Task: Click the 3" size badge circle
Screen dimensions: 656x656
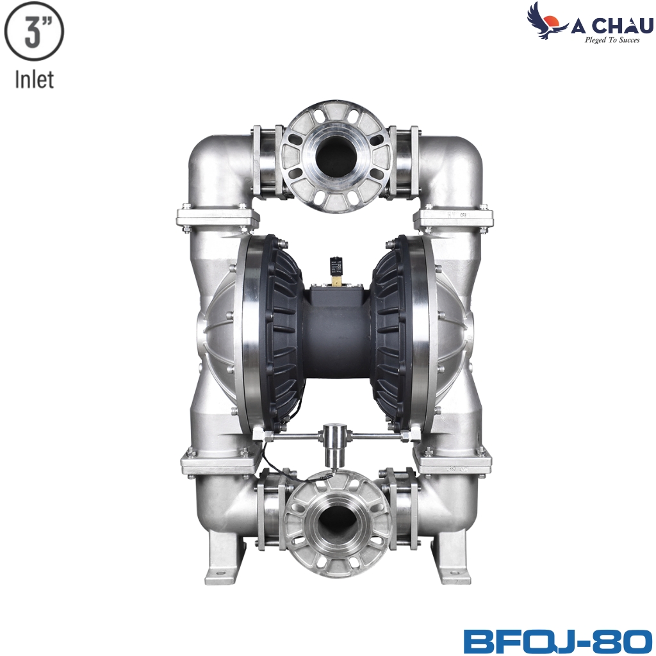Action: (34, 32)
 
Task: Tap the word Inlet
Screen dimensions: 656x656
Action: (35, 79)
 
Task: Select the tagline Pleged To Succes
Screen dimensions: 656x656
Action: (612, 40)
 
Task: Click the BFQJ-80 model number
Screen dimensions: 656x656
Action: (558, 641)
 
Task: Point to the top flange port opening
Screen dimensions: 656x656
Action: (336, 156)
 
